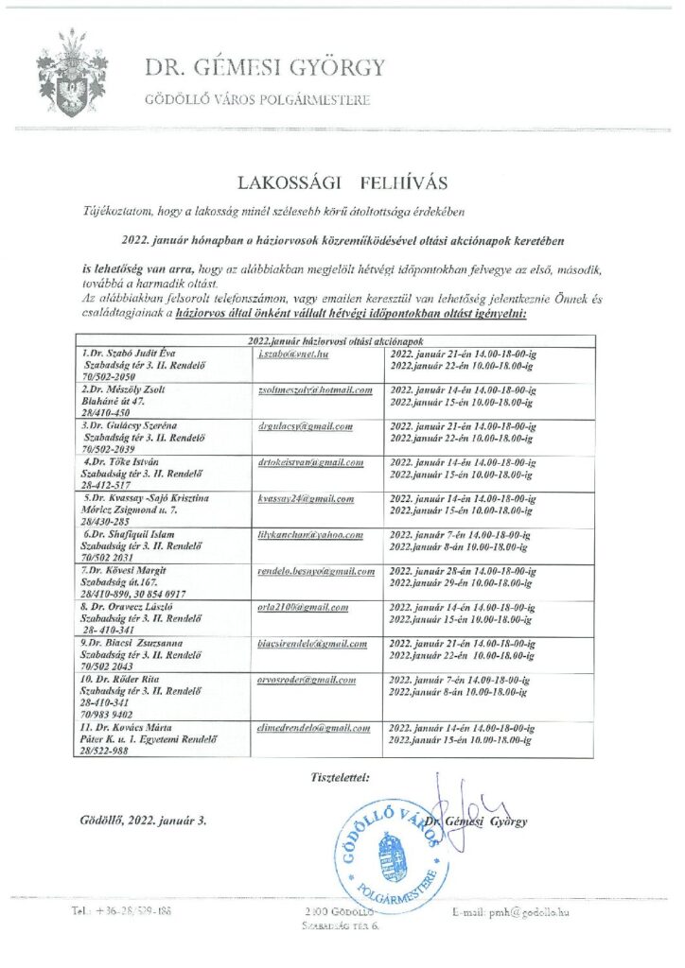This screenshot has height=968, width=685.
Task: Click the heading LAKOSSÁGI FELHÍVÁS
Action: tap(341, 181)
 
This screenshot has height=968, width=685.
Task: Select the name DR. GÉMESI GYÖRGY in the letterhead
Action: tap(265, 67)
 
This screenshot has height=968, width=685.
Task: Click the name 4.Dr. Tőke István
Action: tap(122, 462)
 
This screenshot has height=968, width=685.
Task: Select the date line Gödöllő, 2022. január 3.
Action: tap(143, 821)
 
